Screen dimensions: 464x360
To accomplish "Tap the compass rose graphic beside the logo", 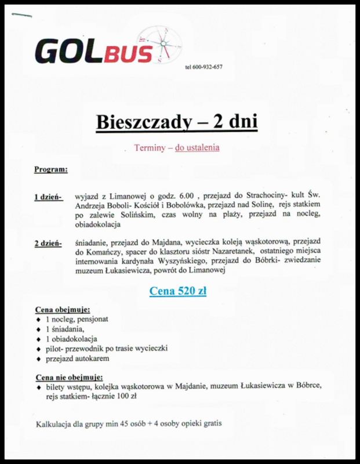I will (163, 43).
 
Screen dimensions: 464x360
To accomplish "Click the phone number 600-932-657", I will (203, 67).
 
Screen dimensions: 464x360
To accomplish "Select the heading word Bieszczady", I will (138, 122).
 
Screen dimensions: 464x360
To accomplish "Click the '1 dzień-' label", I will (49, 197).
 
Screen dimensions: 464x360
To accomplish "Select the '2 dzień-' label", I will (49, 243).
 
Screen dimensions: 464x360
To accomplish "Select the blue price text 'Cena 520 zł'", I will (178, 291).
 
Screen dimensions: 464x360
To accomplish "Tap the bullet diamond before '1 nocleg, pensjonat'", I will (38, 320).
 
